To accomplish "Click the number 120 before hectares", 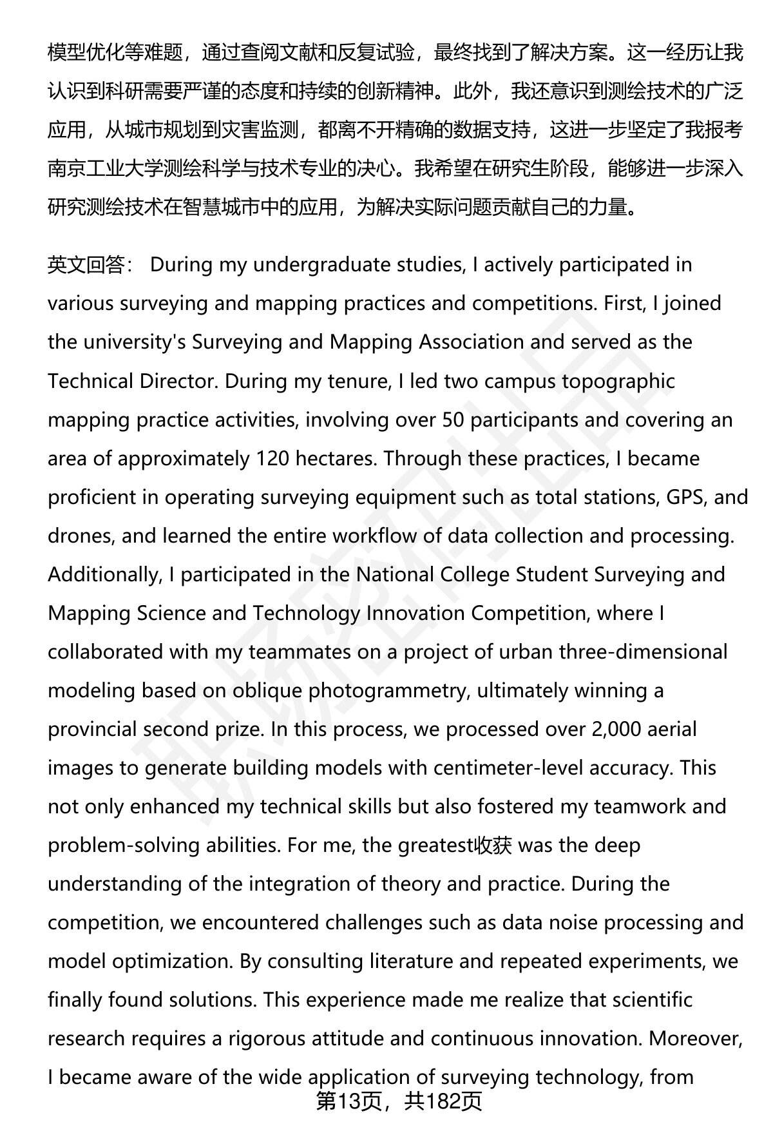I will pyautogui.click(x=272, y=458).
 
